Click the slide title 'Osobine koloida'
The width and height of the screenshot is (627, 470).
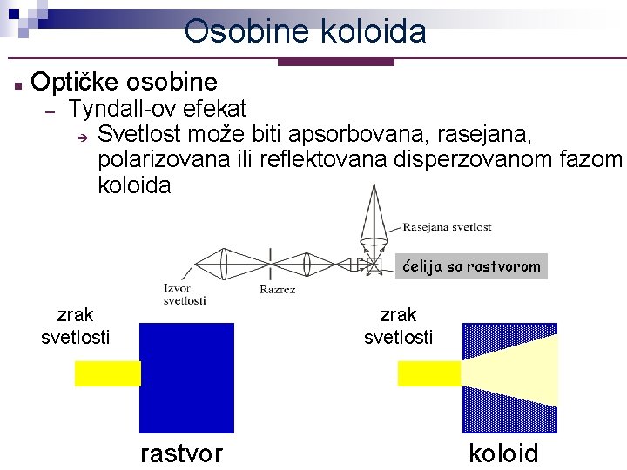click(x=306, y=31)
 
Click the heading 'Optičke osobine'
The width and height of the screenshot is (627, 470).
click(x=124, y=82)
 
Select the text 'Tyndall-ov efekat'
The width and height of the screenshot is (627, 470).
click(x=158, y=109)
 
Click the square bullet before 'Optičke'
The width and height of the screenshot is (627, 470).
click(x=17, y=84)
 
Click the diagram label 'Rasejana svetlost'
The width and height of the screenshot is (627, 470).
click(x=447, y=227)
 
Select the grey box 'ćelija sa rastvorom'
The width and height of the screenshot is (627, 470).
click(x=471, y=267)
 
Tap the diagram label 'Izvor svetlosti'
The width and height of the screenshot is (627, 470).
click(x=184, y=294)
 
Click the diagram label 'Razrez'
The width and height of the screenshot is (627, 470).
click(x=277, y=290)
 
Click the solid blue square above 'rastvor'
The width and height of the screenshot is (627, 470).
click(x=186, y=378)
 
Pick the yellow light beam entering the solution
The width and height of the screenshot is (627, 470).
click(x=107, y=373)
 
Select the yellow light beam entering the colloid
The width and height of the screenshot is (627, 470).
click(x=428, y=373)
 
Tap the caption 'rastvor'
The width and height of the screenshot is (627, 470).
click(x=181, y=453)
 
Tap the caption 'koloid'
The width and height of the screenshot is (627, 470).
click(x=503, y=453)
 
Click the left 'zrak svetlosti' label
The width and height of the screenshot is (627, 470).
click(x=76, y=326)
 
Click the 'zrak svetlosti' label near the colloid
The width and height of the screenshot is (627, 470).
click(x=398, y=326)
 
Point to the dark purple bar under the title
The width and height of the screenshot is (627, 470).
click(x=335, y=62)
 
